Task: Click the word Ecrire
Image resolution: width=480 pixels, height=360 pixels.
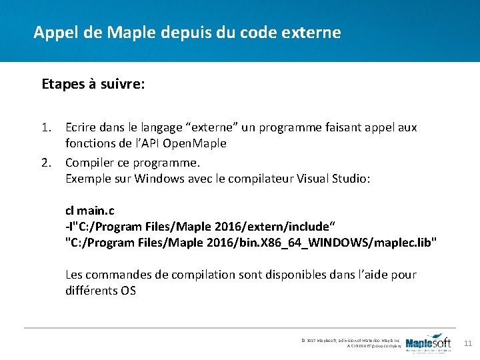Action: (81, 126)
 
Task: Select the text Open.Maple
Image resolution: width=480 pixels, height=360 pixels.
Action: (197, 143)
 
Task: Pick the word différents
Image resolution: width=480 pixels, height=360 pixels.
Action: (91, 291)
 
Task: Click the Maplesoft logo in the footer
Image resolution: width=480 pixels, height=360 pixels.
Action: (428, 343)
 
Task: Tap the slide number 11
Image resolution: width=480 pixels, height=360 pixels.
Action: (467, 343)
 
